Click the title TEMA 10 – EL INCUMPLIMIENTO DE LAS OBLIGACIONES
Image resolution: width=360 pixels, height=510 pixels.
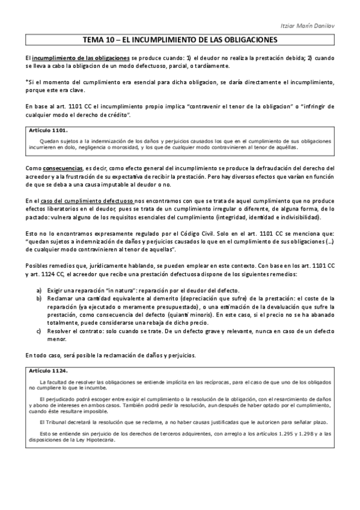point(180,41)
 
